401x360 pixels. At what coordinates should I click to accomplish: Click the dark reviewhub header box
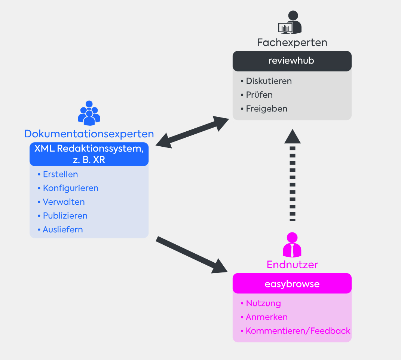pos(292,61)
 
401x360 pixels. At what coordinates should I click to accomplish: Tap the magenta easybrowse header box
pos(292,283)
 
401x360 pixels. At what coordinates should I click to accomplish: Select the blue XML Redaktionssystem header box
pos(89,154)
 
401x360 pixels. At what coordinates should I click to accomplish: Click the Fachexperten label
pos(292,42)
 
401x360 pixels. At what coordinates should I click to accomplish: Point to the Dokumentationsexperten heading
pos(89,134)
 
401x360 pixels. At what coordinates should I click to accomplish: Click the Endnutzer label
pos(292,265)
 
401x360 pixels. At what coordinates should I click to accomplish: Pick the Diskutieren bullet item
pos(266,81)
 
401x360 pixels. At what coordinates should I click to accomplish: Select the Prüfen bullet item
pos(257,95)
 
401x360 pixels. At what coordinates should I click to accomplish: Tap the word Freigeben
pos(266,109)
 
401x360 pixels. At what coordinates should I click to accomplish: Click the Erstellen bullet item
pos(58,174)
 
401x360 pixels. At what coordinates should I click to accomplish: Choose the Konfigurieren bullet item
pos(68,188)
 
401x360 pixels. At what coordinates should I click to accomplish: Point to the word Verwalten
pos(64,202)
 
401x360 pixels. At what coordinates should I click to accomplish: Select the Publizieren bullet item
pos(62,216)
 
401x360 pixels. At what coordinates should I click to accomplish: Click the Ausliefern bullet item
pos(60,229)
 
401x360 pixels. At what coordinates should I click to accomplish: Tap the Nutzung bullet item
pos(261,303)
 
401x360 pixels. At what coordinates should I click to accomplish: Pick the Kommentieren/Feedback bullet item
pos(295,331)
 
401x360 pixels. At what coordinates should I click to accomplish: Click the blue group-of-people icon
pos(89,113)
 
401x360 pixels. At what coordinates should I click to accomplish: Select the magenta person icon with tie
pos(292,245)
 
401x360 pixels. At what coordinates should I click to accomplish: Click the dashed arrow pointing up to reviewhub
pos(293,175)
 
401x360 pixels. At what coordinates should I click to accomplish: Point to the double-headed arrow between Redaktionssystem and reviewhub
pos(192,132)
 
